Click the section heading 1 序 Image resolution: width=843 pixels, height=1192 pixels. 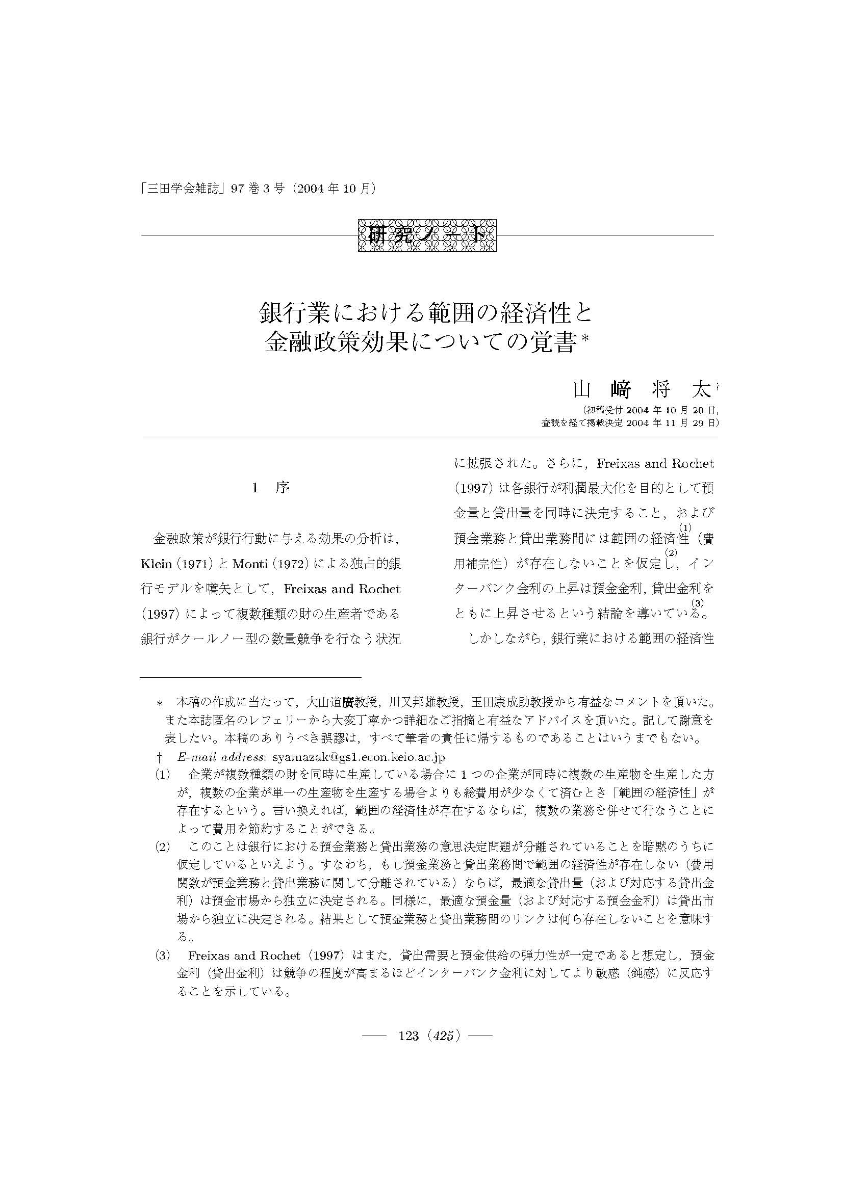click(271, 488)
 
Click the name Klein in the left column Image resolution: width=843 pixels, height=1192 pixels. click(157, 564)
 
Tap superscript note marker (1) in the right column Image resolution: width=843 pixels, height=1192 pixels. click(685, 527)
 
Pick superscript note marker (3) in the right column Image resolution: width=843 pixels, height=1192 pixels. click(698, 603)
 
